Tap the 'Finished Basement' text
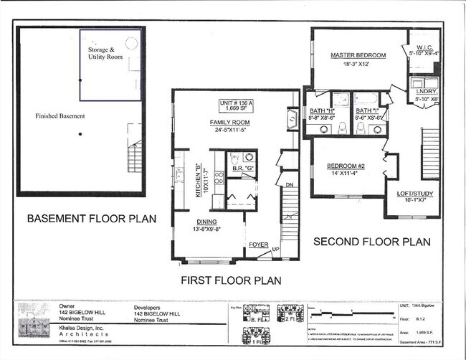[60, 116]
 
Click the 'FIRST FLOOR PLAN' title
[230, 280]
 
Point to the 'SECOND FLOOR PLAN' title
[372, 242]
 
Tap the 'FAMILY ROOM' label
[228, 123]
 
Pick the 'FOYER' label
[258, 245]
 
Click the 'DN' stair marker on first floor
[290, 184]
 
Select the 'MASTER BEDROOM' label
[358, 55]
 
